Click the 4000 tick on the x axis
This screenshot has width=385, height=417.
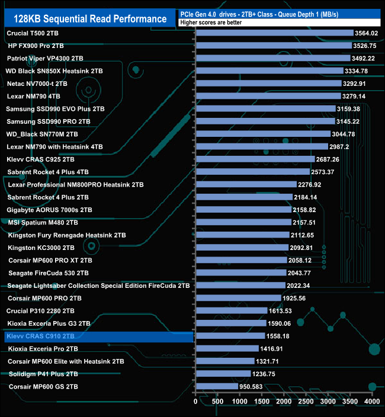371,401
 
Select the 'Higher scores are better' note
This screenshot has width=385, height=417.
207,23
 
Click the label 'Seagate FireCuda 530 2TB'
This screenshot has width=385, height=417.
49,273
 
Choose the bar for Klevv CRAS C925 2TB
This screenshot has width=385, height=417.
255,159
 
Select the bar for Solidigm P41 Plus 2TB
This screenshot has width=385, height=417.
223,374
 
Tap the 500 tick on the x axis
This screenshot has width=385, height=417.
217,401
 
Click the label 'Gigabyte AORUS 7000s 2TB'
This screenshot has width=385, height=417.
49,210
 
